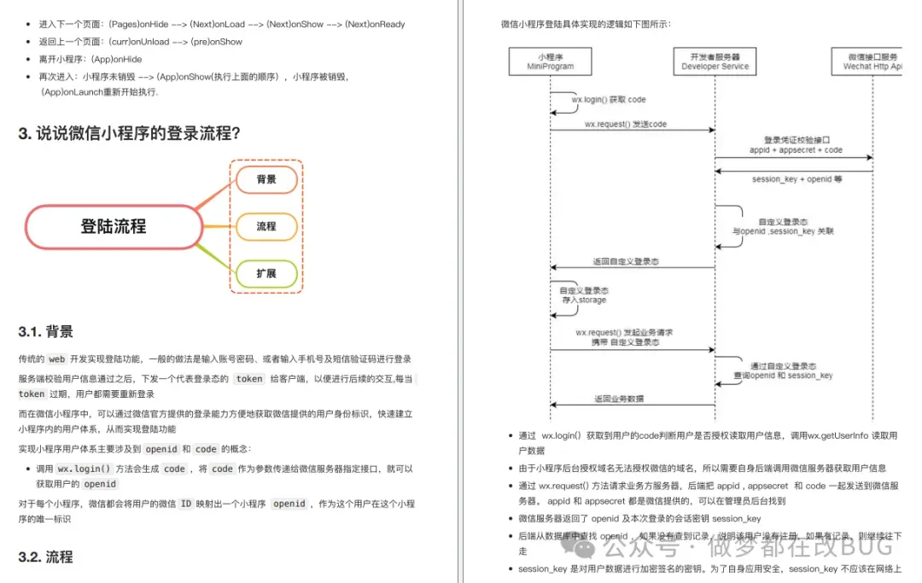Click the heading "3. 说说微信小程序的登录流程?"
coord(129,133)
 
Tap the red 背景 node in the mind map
coord(266,179)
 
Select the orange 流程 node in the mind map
coord(266,226)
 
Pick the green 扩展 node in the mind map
coord(266,273)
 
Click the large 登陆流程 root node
coord(114,226)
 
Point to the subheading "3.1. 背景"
coord(45,331)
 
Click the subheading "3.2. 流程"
coord(45,557)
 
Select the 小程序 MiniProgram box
coord(550,61)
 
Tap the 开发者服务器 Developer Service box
coord(715,61)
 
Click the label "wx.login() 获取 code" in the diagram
coord(609,100)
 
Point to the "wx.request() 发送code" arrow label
coord(625,124)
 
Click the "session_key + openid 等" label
coord(797,179)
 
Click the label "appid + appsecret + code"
coord(796,149)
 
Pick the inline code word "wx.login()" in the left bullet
coord(85,469)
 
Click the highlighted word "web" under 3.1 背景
coord(56,359)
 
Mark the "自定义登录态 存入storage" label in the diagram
coord(584,295)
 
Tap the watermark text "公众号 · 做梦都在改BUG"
coord(750,545)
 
